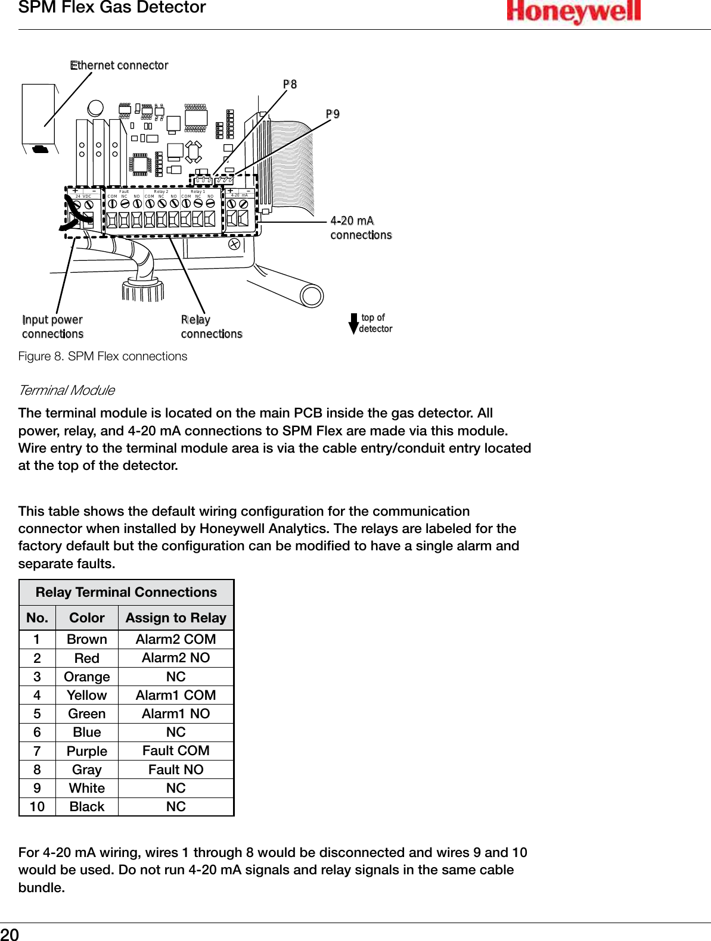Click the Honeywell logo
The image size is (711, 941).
[573, 12]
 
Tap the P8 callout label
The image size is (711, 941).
[290, 85]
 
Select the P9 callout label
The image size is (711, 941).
[333, 114]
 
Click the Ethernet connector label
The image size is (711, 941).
[119, 66]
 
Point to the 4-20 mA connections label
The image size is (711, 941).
[361, 228]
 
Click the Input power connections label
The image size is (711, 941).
[52, 327]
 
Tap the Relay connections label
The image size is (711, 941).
[211, 327]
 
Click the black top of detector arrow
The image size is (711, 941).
[353, 323]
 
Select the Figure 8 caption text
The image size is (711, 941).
[103, 356]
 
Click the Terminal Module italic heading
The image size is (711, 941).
[67, 391]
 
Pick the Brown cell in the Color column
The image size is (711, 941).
[87, 639]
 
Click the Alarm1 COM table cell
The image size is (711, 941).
[176, 695]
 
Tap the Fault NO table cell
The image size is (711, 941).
[176, 769]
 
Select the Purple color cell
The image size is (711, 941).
[87, 751]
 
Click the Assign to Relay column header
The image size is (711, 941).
[176, 618]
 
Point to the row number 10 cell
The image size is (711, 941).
[37, 806]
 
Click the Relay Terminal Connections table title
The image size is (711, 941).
[126, 592]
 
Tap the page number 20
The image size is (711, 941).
[10, 934]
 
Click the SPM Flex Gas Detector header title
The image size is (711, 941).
[112, 8]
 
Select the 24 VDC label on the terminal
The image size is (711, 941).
[83, 196]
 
